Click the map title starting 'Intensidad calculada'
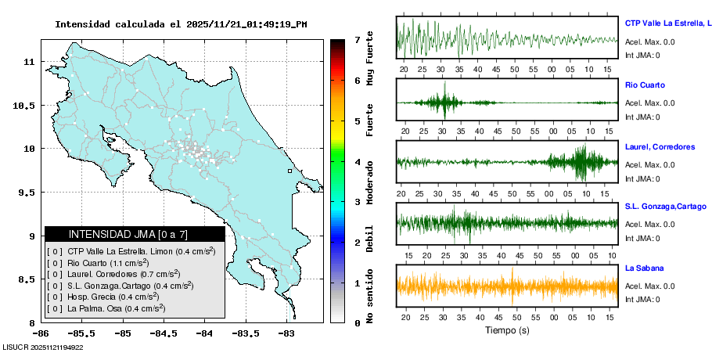click(181, 23)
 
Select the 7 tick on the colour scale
click(357, 39)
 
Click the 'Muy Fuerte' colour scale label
click(370, 57)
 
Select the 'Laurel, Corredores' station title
click(660, 146)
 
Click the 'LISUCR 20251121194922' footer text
click(43, 347)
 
